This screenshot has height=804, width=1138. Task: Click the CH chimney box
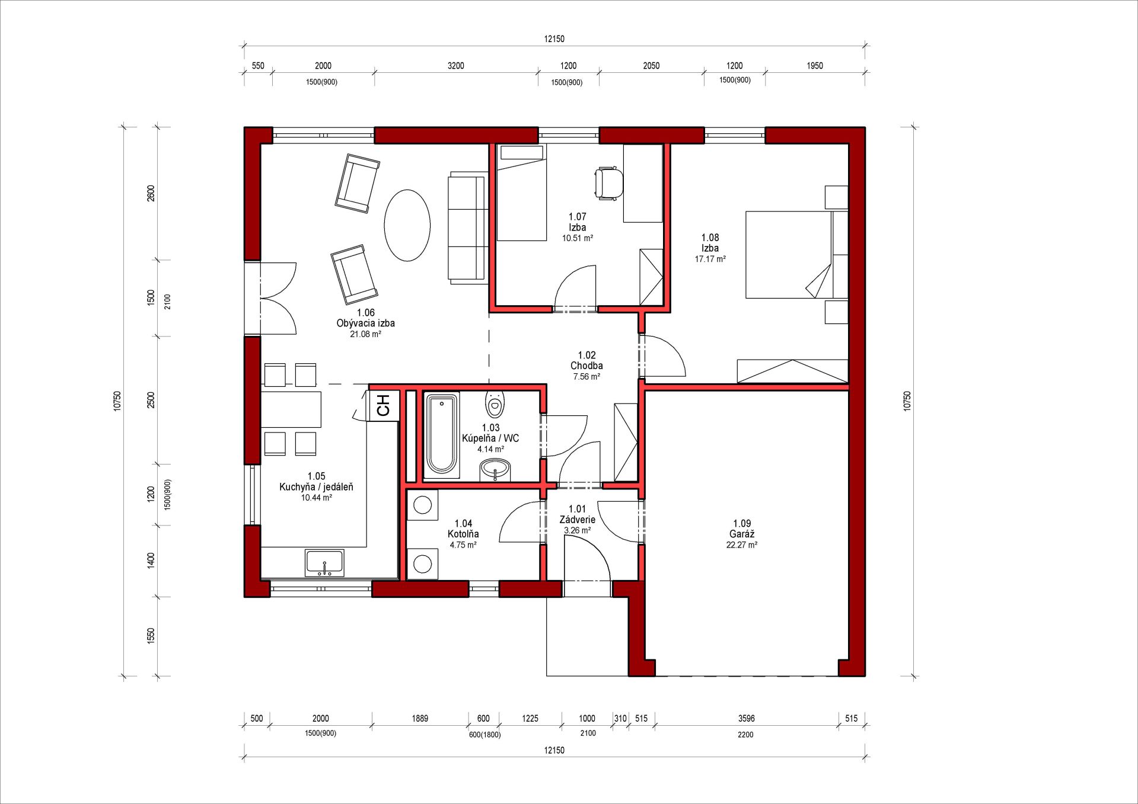point(383,405)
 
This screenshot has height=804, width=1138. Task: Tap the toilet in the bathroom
point(495,404)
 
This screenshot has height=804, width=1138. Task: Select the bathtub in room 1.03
point(442,434)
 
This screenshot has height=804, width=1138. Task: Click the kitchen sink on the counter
point(324,563)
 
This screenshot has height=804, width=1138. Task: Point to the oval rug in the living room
point(407,226)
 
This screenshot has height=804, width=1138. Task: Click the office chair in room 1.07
point(609,182)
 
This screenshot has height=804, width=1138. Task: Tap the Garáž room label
point(742,534)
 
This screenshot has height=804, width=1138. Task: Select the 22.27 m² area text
point(742,545)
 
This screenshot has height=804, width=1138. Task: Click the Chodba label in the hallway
point(586,366)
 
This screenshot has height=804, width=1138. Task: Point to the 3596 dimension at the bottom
point(747,718)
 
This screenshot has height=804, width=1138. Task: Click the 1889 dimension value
point(420,718)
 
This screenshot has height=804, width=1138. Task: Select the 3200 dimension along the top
point(455,66)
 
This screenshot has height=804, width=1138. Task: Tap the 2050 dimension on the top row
point(651,66)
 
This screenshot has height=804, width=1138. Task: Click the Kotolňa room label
point(463,534)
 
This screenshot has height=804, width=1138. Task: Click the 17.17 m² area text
point(710,259)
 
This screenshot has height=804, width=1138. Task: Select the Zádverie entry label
point(578,520)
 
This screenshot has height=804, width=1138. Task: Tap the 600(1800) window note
point(484,735)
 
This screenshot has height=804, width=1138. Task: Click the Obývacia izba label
point(365,323)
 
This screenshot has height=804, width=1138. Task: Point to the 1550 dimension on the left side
point(151,636)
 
